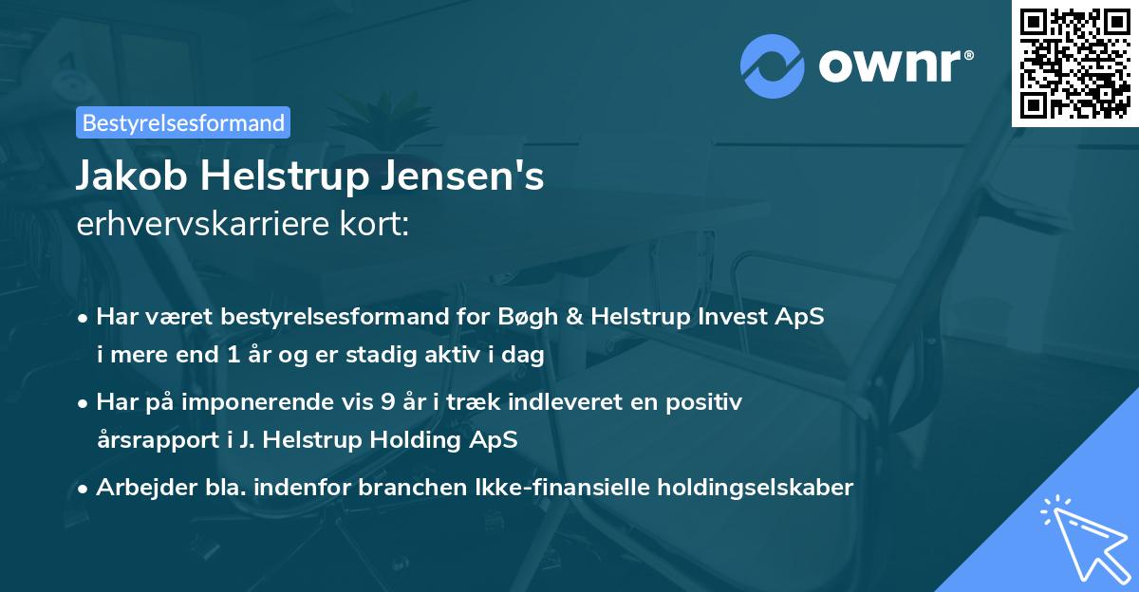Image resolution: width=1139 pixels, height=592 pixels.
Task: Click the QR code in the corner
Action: pyautogui.click(x=1075, y=63)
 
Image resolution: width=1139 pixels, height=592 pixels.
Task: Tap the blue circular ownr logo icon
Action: pyautogui.click(x=773, y=65)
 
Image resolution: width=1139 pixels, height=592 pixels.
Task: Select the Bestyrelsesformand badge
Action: pyautogui.click(x=183, y=122)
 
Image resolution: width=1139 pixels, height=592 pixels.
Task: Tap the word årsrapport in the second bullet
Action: pyautogui.click(x=148, y=440)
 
